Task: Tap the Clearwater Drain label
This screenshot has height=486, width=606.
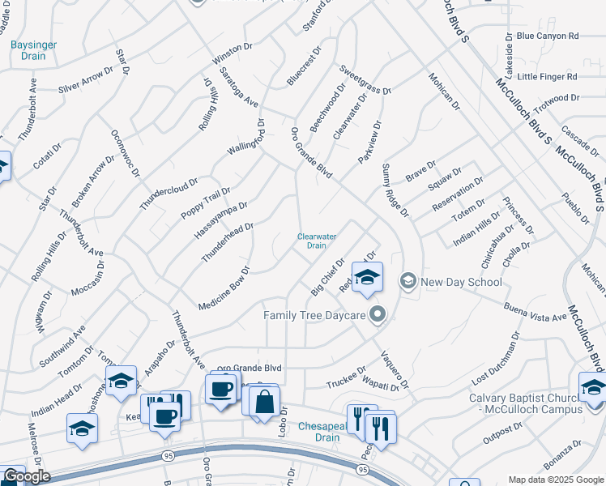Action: click(x=316, y=241)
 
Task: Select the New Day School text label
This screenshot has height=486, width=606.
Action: click(x=462, y=282)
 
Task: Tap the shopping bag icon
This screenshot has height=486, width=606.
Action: click(x=264, y=402)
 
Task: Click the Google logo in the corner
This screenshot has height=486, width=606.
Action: click(x=26, y=476)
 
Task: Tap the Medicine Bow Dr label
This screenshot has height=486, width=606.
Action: click(x=224, y=288)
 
